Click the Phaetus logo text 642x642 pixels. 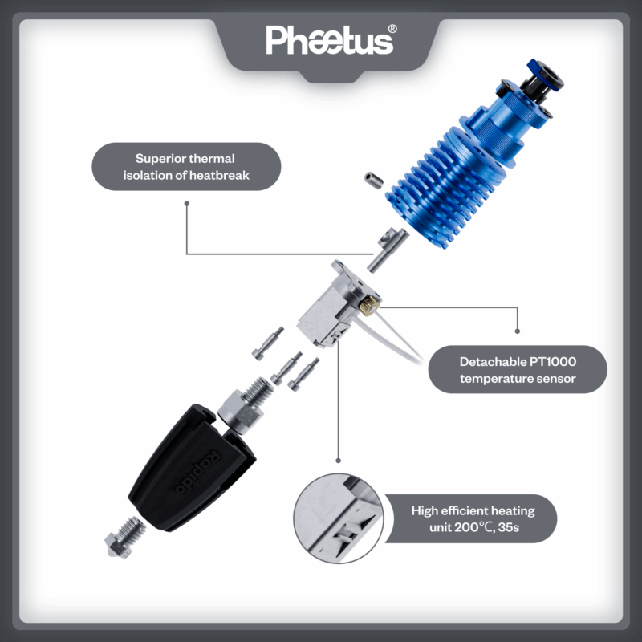[329, 40]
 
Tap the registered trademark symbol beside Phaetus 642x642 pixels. [392, 29]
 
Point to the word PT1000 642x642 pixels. [553, 362]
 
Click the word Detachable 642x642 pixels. [493, 362]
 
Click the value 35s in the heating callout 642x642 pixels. [509, 527]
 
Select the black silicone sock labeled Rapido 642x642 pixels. [192, 468]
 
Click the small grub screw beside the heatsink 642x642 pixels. [374, 180]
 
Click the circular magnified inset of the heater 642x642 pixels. [339, 518]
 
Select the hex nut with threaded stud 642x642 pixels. [246, 406]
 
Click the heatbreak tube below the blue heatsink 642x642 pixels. [387, 250]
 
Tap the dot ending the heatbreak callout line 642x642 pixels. [187, 204]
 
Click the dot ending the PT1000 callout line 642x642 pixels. [518, 331]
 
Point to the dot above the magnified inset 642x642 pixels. [338, 461]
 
